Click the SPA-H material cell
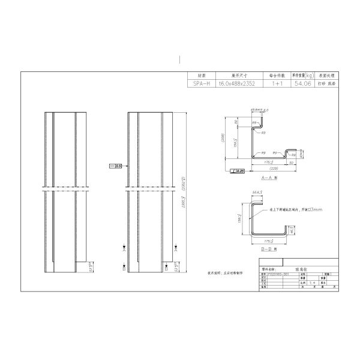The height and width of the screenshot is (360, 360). tap(202, 85)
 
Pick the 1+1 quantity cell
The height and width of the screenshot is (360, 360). tap(277, 85)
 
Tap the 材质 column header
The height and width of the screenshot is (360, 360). tap(202, 76)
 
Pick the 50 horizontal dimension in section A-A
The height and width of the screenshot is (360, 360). tap(291, 162)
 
